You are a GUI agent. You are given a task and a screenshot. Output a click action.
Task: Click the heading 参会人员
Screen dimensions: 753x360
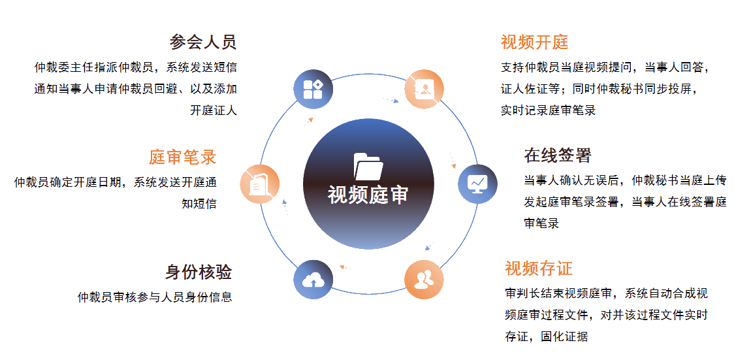pyautogui.click(x=203, y=42)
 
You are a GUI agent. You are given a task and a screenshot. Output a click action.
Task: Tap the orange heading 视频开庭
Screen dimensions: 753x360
pyautogui.click(x=534, y=42)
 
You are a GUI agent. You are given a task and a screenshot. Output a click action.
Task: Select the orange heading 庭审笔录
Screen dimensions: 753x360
pyautogui.click(x=182, y=157)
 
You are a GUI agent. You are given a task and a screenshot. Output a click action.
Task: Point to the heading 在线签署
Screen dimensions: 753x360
pyautogui.click(x=558, y=155)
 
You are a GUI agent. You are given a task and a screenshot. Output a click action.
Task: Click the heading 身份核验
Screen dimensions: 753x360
pyautogui.click(x=199, y=272)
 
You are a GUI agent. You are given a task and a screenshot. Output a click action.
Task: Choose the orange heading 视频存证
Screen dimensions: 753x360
pyautogui.click(x=539, y=268)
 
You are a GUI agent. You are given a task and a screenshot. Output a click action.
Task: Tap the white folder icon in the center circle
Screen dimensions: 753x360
pyautogui.click(x=368, y=167)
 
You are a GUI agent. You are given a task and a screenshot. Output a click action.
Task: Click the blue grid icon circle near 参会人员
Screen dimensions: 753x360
pyautogui.click(x=313, y=89)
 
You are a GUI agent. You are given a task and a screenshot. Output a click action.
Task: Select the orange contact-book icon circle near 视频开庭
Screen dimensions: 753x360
pyautogui.click(x=424, y=89)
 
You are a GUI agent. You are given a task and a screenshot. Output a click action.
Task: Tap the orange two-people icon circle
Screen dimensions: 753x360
pyautogui.click(x=424, y=280)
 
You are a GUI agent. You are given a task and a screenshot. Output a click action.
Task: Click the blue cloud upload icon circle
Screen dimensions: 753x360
pyautogui.click(x=313, y=280)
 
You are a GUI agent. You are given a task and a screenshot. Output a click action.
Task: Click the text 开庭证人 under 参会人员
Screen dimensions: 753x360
pyautogui.click(x=214, y=110)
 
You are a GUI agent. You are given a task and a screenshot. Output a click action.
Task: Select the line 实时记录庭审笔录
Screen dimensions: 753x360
pyautogui.click(x=548, y=110)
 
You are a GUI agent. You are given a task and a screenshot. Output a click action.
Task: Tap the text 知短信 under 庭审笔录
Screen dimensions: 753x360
pyautogui.click(x=199, y=203)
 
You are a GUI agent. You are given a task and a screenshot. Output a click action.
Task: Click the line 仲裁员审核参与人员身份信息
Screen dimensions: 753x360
pyautogui.click(x=155, y=297)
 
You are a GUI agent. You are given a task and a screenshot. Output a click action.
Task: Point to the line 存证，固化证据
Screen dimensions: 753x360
pyautogui.click(x=547, y=336)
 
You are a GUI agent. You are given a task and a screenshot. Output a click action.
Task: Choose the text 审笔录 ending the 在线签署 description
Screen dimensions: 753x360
pyautogui.click(x=541, y=223)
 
